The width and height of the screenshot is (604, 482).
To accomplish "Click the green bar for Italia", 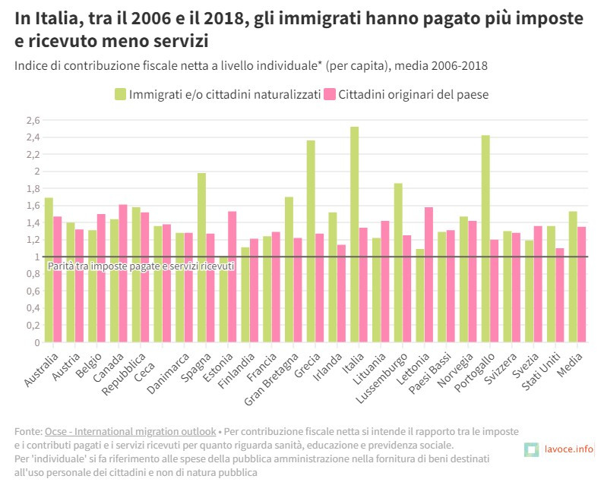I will tap(354, 235).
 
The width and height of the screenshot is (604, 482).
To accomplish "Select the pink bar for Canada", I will tap(123, 273).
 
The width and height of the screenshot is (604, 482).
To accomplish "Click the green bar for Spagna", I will tap(201, 257).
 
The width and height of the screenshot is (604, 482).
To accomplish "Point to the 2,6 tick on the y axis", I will tap(33, 120).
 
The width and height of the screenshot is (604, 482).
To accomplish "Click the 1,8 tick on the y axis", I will tap(33, 188).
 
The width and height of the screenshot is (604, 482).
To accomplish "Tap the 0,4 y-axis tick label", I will tap(33, 308).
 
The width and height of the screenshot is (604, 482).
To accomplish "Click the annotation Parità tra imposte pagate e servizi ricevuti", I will tap(141, 266).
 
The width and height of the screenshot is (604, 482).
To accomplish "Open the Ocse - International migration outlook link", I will tap(131, 431).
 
